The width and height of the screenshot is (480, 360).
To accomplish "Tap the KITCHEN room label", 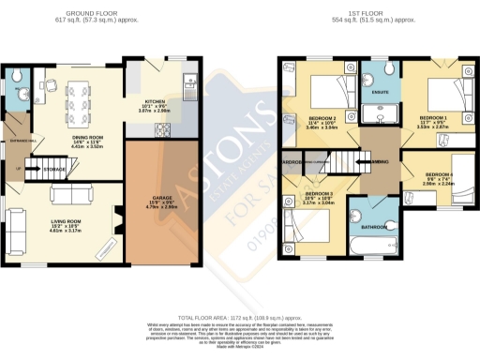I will (x=155, y=104).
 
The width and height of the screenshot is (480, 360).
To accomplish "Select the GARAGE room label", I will (x=161, y=200).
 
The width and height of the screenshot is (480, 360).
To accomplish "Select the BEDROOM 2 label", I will (x=322, y=119).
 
